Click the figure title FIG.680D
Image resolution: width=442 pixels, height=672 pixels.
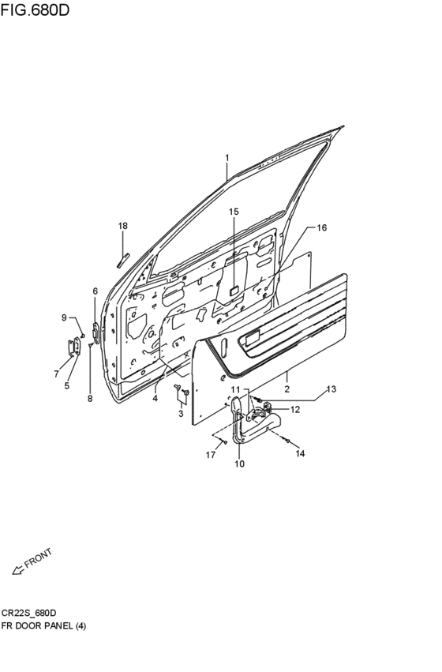tap(35, 9)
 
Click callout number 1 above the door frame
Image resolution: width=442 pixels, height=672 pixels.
tap(227, 158)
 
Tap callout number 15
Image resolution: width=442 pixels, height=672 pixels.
tap(234, 212)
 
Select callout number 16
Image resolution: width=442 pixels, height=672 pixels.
tap(321, 227)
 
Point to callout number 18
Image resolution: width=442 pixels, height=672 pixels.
tap(123, 226)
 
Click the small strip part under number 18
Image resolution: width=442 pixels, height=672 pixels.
tap(123, 260)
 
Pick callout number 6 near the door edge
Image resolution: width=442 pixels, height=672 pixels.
tap(95, 291)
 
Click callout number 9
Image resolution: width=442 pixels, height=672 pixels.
tap(64, 317)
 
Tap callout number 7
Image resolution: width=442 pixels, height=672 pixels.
tap(57, 374)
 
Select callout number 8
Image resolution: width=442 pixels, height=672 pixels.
tap(90, 399)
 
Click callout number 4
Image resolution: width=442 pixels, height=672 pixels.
tap(155, 398)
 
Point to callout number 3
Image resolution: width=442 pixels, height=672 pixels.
tap(181, 414)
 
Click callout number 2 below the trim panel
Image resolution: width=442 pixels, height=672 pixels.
tap(287, 389)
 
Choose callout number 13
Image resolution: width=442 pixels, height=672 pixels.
tap(331, 389)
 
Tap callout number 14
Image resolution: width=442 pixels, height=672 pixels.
tap(300, 453)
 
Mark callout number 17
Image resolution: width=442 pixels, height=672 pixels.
tap(210, 455)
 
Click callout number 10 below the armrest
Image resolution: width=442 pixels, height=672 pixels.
tap(239, 464)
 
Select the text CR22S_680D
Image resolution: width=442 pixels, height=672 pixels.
tap(28, 613)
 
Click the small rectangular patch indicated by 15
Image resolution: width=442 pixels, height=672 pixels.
tap(234, 290)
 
